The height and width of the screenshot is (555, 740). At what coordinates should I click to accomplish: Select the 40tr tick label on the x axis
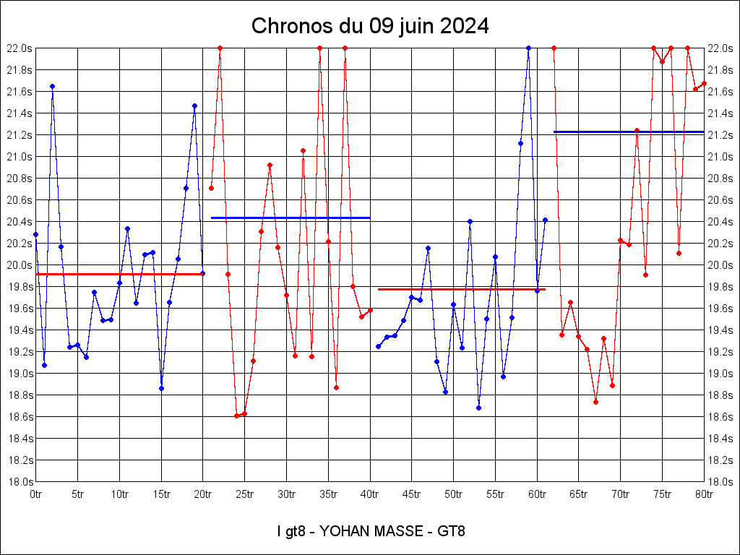coord(370,494)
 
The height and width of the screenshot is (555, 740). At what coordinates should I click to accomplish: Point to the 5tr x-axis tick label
coord(77,494)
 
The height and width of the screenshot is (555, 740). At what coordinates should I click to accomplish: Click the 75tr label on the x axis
coord(663,494)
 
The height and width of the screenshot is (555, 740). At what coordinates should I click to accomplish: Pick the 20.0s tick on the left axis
coord(19,264)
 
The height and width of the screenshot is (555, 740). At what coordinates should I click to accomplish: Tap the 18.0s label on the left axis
coord(19,481)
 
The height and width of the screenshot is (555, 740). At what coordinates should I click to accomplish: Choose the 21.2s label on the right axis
coord(722,134)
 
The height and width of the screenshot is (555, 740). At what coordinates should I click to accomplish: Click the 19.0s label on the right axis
coord(722,373)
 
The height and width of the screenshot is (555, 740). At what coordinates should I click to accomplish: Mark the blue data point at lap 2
coord(52,86)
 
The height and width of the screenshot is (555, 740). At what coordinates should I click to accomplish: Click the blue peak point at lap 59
coord(528,48)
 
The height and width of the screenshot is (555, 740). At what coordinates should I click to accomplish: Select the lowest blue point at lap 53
coord(478,408)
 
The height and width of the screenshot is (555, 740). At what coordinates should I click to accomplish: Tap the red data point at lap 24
coord(236,416)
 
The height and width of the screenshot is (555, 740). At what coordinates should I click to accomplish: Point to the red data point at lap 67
coord(595,402)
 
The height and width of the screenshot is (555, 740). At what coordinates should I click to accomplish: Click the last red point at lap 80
coord(704,83)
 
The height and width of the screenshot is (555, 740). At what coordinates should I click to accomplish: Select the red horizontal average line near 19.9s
coord(119,274)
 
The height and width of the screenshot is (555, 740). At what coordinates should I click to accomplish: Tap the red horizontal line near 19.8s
coord(462,289)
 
